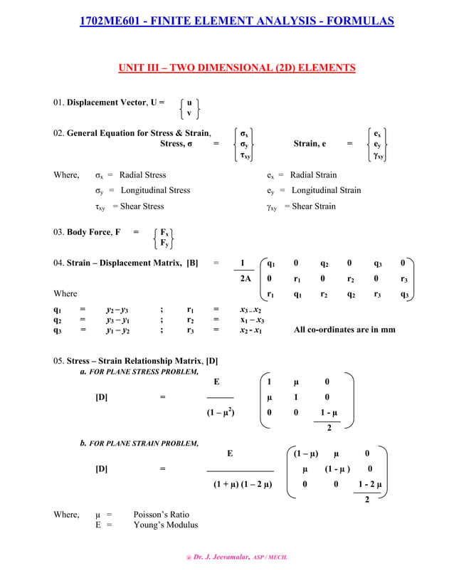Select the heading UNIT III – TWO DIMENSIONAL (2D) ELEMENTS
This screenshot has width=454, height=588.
236,68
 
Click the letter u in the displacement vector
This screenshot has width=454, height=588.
189,102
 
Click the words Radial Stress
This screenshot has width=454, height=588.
142,175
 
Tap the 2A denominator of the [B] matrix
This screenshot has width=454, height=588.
246,278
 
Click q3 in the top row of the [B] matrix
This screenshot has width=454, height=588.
378,263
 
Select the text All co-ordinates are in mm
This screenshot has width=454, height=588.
344,330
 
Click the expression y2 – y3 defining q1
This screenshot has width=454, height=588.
117,310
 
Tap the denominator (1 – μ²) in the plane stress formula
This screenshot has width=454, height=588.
220,412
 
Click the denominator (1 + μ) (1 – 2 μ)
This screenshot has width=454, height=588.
243,485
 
